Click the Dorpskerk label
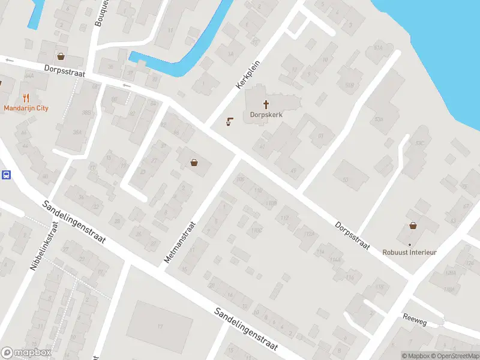point(266,115)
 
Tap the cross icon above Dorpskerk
point(266,104)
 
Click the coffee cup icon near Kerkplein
point(229,122)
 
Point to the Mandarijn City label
point(26,109)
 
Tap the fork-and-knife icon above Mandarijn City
point(26,98)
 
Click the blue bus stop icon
point(6,175)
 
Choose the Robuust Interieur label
point(410,253)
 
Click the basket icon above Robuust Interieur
point(413,226)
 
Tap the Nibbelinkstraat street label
point(44,246)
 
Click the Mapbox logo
point(26,353)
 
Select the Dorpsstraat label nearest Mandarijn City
point(65,70)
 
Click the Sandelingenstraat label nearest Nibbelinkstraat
point(74,222)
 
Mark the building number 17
point(160,326)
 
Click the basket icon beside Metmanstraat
point(194,162)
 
